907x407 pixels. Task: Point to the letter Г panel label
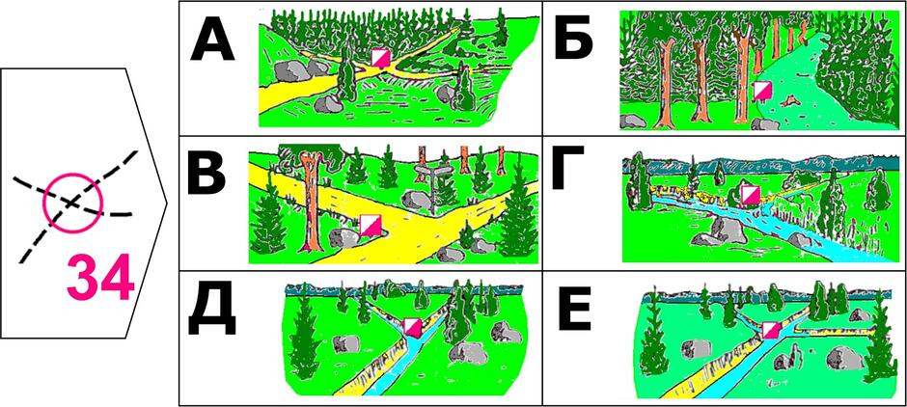[568, 167]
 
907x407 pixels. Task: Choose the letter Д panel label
[212, 312]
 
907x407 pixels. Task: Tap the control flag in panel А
[380, 59]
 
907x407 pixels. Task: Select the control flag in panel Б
[762, 92]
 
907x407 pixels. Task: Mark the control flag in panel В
[369, 225]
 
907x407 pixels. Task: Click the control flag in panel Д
[413, 327]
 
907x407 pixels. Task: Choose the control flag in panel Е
[771, 331]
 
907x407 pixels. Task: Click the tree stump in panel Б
[786, 103]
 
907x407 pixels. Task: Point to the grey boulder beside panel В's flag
[342, 237]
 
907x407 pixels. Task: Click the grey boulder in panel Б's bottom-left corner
[633, 121]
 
